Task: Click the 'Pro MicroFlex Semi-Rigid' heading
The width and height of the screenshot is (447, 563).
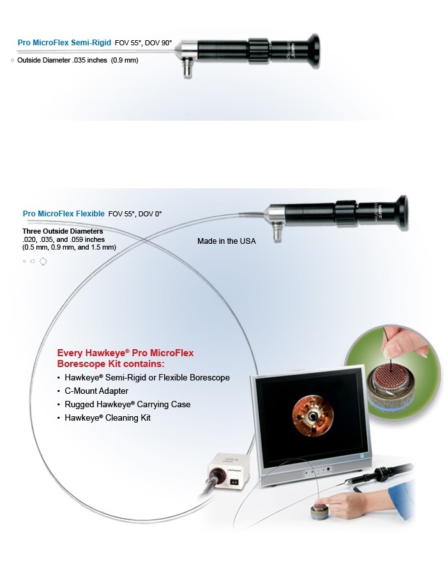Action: point(64,43)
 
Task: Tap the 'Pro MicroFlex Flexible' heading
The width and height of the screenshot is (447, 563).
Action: point(63,214)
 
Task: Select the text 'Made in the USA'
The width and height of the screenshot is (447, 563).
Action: point(226,241)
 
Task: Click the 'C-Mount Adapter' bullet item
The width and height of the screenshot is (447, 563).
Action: point(96,391)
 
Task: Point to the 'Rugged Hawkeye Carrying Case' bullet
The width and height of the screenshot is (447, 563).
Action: point(127,404)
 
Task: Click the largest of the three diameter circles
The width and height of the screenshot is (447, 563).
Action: point(43,261)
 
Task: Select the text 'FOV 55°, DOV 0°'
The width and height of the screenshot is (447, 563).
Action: point(139,214)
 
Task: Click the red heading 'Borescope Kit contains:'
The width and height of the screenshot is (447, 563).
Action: point(110,363)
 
